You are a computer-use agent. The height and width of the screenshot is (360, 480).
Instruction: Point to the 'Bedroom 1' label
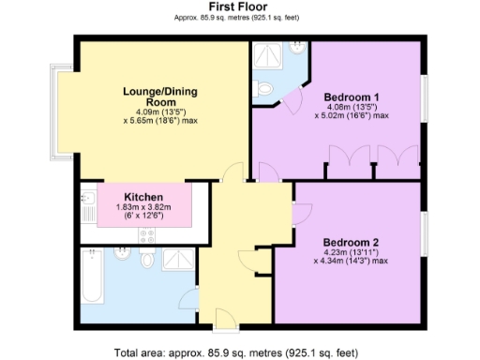[x=352, y=97]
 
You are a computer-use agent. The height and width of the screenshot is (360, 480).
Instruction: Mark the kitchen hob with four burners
[x=147, y=233]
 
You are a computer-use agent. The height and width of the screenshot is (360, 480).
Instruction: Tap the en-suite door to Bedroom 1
[x=292, y=97]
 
